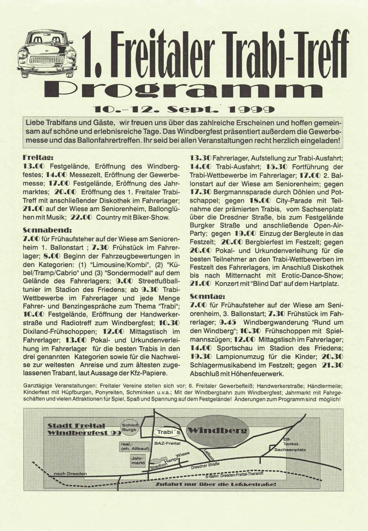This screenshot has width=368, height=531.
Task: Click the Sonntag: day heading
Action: (x=205, y=296)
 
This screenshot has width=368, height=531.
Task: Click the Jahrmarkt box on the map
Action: (x=138, y=460)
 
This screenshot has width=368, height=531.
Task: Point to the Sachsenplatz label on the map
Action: (x=290, y=450)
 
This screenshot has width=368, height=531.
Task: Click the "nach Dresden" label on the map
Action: (x=70, y=473)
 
